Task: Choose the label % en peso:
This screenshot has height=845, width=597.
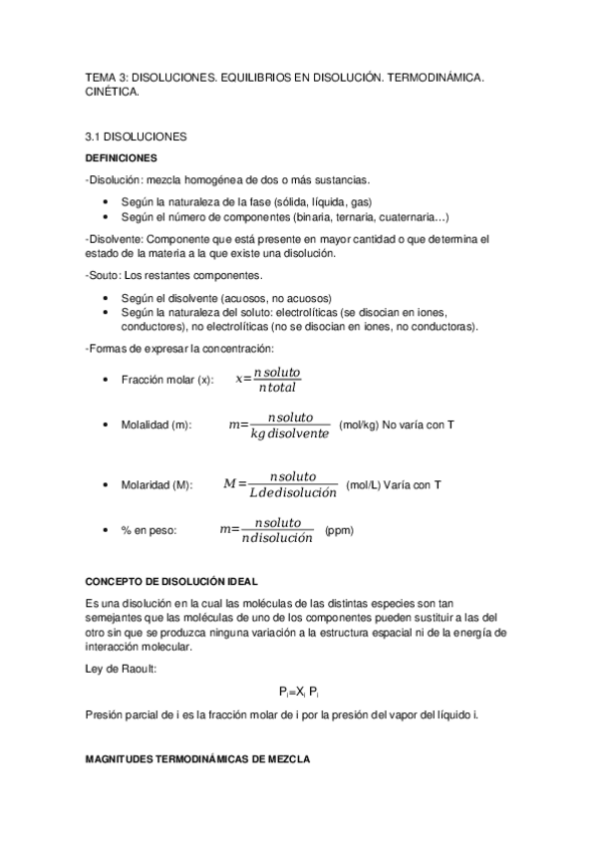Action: tap(149, 531)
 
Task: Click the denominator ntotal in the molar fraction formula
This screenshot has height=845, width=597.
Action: tap(277, 389)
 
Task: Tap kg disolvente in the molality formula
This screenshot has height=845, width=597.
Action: tap(290, 434)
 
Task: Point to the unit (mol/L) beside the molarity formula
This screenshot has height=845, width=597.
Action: tap(364, 485)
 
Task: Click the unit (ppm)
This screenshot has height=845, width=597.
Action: tap(340, 531)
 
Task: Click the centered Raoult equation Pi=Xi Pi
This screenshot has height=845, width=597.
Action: tap(298, 692)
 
